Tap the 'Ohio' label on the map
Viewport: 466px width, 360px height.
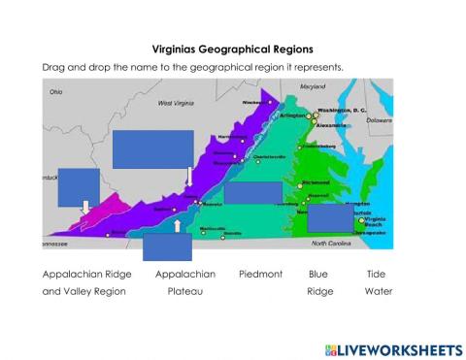click(56, 92)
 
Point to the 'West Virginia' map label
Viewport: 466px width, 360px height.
click(178, 103)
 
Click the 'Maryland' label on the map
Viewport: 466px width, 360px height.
click(313, 86)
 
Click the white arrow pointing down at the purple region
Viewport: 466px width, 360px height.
click(187, 175)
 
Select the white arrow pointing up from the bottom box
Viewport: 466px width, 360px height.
click(177, 226)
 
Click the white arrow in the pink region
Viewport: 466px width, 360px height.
click(85, 207)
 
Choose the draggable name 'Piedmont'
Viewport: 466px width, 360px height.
click(260, 274)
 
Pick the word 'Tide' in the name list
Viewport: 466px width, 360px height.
click(376, 274)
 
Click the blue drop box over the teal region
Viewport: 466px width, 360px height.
click(252, 192)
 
